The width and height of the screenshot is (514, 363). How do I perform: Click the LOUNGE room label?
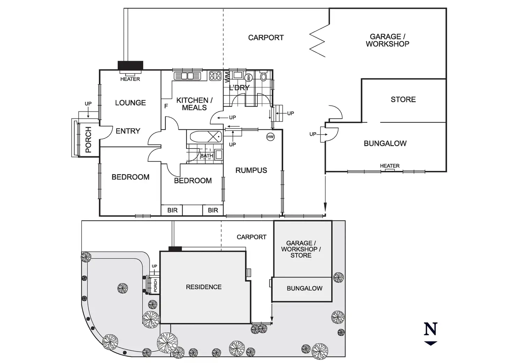tap(130, 103)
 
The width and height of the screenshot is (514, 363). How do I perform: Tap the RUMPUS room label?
tap(251, 170)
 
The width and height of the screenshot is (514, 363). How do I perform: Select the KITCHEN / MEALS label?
tap(194, 104)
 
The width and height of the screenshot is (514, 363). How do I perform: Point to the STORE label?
tap(403, 99)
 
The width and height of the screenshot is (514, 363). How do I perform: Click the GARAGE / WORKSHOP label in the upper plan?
tap(387, 40)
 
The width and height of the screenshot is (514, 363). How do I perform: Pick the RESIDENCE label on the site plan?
tap(204, 287)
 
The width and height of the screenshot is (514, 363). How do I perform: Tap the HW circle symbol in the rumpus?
tap(270, 137)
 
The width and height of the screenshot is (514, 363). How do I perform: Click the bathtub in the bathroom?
tap(205, 136)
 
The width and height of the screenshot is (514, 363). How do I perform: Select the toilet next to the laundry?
tap(264, 76)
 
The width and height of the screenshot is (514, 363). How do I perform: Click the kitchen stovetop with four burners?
tap(215, 76)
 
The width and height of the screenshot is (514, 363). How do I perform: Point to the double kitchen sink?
tap(188, 76)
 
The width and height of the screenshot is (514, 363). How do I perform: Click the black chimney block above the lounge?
tap(130, 65)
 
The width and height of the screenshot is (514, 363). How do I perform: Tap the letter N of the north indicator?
tap(431, 329)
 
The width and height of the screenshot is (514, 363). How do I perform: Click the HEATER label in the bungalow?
tap(390, 166)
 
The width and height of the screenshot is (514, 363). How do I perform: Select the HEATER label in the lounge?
tap(130, 79)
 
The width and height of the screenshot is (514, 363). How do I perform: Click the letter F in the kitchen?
tap(166, 106)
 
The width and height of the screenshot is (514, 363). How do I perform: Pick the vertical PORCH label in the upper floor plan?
tap(88, 140)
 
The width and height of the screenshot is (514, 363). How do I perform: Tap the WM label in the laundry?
tap(227, 77)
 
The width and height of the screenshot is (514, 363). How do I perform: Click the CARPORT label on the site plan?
tap(251, 237)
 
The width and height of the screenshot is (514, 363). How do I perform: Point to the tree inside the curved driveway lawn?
tap(122, 288)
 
